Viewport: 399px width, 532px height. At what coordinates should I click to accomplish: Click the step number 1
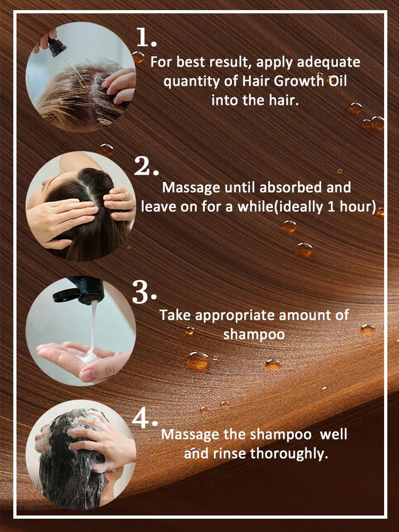point(146,38)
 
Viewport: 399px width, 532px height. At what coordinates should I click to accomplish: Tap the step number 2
point(146,166)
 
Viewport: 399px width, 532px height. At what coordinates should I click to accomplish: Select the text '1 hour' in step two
point(352,206)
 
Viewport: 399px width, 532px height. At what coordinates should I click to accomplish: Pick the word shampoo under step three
point(254,334)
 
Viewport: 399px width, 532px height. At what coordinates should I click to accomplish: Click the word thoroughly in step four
point(290,454)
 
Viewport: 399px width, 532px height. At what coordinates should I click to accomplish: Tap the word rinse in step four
point(230,454)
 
